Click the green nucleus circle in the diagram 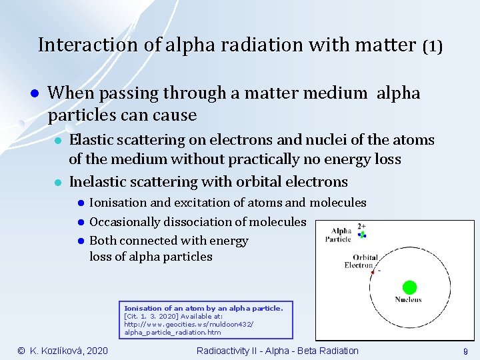[409, 287]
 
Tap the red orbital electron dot [379, 271]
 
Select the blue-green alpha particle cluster [362, 235]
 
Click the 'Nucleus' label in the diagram [408, 300]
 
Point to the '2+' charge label [361, 226]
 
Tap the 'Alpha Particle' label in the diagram [337, 235]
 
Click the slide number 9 [465, 351]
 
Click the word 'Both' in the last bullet [103, 241]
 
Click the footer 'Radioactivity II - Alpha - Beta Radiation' [277, 351]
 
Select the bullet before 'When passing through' [33, 93]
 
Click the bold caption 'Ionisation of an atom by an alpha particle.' [204, 308]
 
